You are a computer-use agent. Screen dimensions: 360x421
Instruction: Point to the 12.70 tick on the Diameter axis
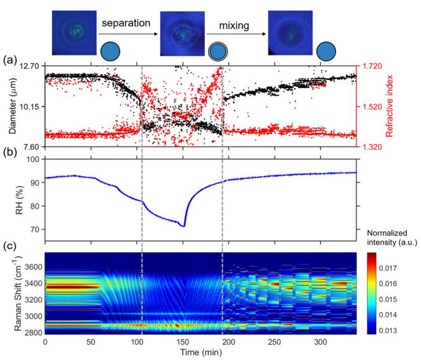pyautogui.click(x=29, y=66)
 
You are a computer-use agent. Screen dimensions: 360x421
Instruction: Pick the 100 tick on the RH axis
pyautogui.click(x=32, y=160)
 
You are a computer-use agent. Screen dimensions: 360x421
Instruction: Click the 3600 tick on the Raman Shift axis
pyautogui.click(x=29, y=266)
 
